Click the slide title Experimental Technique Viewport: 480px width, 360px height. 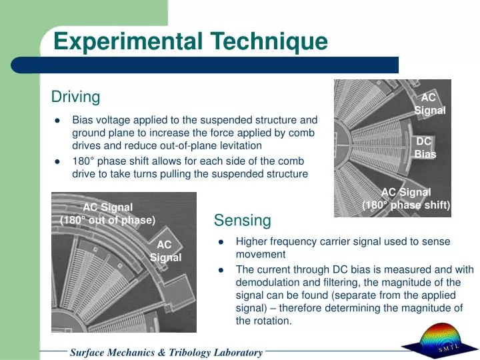coord(191,41)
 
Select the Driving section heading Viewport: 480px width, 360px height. coord(75,97)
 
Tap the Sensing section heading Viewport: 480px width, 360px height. coord(242,221)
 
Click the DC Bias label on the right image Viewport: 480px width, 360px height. coord(425,147)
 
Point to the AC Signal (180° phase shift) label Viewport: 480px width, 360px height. coord(406,199)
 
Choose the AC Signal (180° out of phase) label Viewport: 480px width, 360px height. coord(107,213)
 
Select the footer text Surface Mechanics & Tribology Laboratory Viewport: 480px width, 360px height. coord(166,352)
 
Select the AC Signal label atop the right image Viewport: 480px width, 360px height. coord(429,104)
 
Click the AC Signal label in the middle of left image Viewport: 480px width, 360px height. coord(164,251)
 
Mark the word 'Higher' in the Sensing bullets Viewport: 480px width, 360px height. coord(251,241)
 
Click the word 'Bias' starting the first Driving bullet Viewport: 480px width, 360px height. coord(83,121)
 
